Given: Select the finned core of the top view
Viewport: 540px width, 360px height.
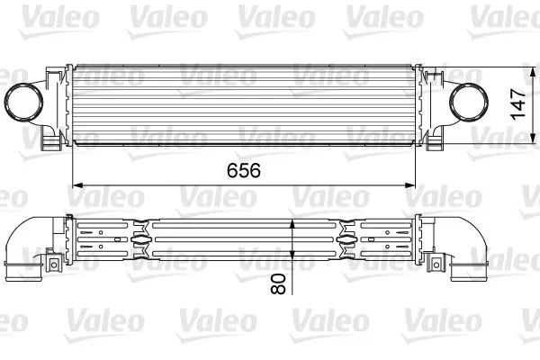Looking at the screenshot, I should pos(243,104).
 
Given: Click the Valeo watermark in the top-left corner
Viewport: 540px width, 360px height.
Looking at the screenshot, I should pos(36,15).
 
